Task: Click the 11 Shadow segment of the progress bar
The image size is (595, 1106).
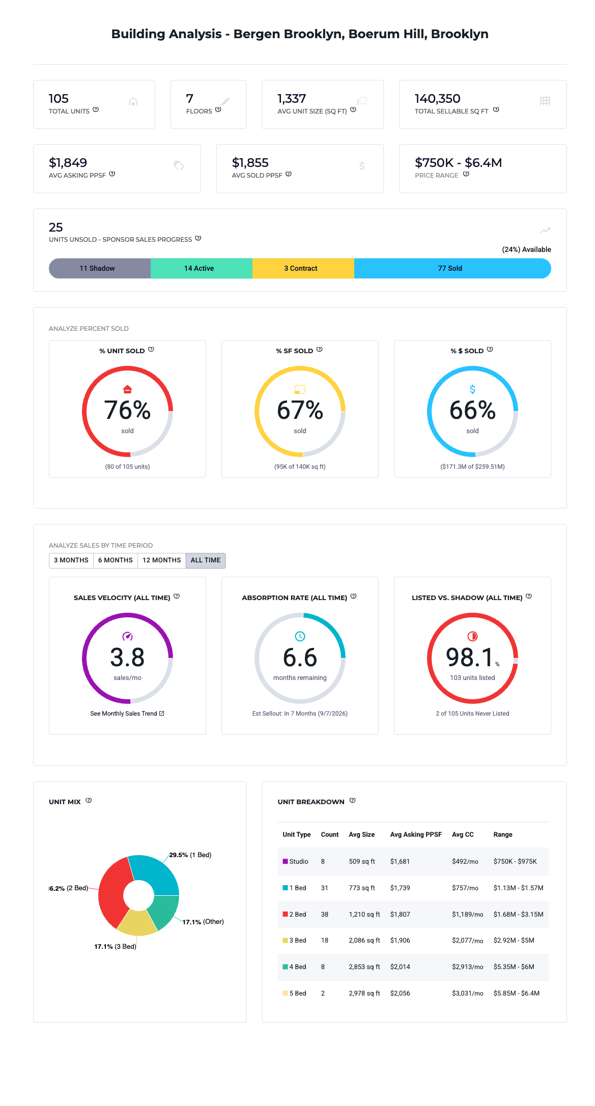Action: [100, 268]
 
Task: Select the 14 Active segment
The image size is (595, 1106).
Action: [202, 268]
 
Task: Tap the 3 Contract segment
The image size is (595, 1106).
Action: [303, 268]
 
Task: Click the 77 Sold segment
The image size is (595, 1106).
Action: [452, 268]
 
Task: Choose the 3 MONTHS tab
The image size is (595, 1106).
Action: [71, 560]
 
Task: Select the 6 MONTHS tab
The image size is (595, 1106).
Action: [116, 560]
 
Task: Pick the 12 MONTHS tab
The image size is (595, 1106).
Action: [162, 560]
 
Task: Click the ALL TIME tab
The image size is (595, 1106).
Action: [206, 560]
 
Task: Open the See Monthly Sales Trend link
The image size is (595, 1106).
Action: [127, 714]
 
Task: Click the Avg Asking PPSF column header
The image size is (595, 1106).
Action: [416, 835]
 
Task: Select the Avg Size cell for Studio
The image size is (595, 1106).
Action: [362, 862]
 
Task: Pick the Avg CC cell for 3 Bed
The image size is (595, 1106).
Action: [467, 941]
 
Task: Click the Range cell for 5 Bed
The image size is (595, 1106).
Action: [517, 994]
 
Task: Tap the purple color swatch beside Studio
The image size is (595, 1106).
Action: [286, 861]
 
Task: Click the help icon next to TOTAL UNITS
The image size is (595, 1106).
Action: [96, 109]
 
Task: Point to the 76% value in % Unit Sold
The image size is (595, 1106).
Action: [127, 410]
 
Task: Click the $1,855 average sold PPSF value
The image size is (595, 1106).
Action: [250, 163]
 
